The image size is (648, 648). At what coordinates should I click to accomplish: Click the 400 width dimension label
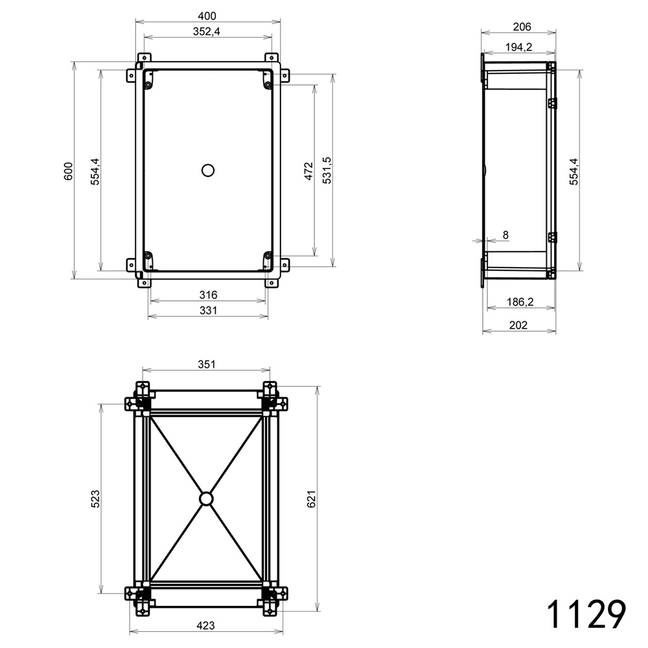click(207, 16)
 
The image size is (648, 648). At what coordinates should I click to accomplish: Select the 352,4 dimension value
click(207, 31)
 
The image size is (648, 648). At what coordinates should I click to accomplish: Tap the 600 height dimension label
click(68, 171)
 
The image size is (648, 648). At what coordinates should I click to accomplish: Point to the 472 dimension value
click(308, 171)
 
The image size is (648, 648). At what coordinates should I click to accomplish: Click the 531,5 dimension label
click(327, 170)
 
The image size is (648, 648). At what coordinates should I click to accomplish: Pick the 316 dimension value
click(208, 295)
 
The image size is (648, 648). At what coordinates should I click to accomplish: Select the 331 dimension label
click(208, 310)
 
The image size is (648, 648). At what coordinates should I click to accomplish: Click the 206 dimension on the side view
click(522, 27)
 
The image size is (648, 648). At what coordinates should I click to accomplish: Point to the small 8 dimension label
click(506, 235)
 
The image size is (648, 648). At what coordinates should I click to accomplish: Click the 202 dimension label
click(518, 325)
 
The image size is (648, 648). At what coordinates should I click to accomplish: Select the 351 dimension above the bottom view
click(206, 364)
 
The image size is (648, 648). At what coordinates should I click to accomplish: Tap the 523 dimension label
click(95, 498)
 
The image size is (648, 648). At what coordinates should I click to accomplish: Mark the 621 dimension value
click(311, 498)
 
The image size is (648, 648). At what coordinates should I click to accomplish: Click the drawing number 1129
click(586, 614)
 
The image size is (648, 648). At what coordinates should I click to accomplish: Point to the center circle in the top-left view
click(208, 170)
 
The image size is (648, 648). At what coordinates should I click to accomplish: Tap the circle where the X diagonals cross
click(206, 498)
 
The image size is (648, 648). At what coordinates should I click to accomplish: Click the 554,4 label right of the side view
click(574, 171)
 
